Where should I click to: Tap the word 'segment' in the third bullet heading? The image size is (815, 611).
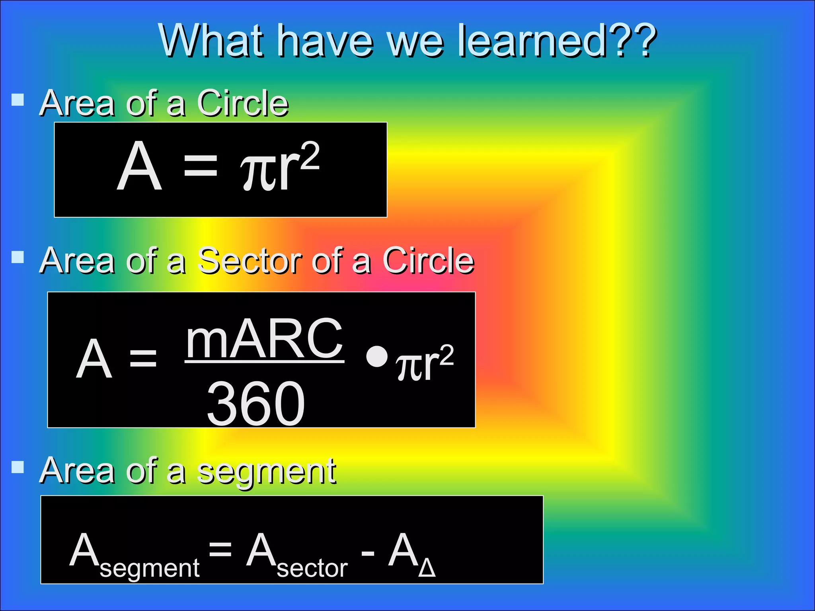click(x=267, y=471)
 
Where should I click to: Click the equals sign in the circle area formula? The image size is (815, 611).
click(x=201, y=166)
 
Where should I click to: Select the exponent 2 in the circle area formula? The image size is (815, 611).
click(x=310, y=156)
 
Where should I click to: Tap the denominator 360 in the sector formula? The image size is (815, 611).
click(x=256, y=403)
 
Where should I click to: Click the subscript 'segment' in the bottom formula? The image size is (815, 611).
click(x=150, y=568)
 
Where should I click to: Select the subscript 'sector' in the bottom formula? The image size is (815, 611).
click(x=312, y=568)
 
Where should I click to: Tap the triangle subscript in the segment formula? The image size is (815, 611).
click(x=427, y=569)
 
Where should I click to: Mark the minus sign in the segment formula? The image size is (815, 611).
click(x=368, y=553)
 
